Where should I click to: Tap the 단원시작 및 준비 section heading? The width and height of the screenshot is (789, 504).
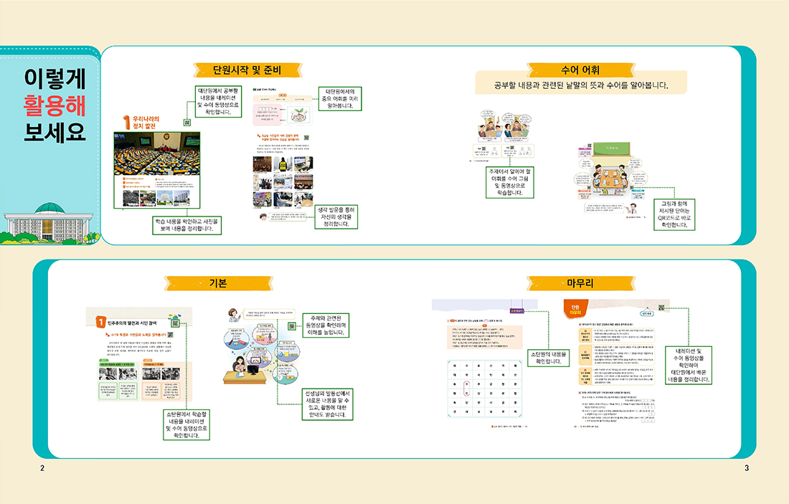[x=245, y=70]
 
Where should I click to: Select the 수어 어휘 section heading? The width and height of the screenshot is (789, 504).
[x=580, y=70]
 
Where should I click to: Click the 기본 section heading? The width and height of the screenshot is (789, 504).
[x=217, y=283]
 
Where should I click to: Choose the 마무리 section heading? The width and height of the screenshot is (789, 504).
[x=580, y=283]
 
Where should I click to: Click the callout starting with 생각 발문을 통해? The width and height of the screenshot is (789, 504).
[x=336, y=217]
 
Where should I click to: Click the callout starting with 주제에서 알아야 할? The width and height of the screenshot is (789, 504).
[x=510, y=182]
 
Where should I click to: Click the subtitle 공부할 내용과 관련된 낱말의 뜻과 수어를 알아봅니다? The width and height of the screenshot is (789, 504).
[x=580, y=85]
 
